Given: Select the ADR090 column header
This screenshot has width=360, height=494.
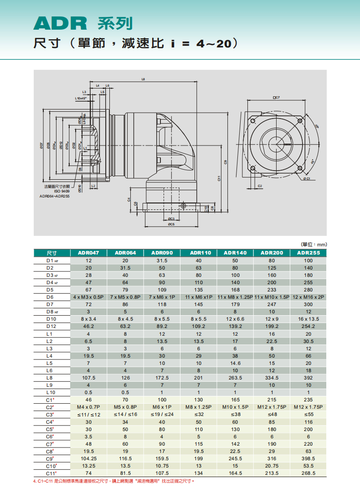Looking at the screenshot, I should pos(162,253).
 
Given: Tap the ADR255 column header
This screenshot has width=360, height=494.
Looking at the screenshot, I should pos(308,253).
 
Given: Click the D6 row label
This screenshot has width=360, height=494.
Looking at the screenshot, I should pos(50,297).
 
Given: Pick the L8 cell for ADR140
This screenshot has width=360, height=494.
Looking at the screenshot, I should pos(235,378).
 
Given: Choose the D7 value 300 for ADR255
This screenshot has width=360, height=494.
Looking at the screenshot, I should pos(308,304).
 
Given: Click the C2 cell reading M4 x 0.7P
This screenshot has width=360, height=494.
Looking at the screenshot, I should pos(88,407).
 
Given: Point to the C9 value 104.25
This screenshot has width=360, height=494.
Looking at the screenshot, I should pos(88,458).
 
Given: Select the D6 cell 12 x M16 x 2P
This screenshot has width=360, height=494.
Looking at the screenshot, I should pos(308,297).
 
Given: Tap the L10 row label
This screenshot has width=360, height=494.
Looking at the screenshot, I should pos(50,392).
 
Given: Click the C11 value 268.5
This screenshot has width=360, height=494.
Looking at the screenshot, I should pos(308,473).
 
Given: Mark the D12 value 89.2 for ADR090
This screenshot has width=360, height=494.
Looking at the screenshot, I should pos(162,326).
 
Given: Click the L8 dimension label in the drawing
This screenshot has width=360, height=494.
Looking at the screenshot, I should pos(144,80).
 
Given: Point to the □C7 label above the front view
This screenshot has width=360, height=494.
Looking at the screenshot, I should pos(276,98).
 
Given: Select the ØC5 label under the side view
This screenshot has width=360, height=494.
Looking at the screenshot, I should pos(171,224).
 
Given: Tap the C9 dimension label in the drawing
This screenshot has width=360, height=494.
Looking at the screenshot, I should pos(226,161).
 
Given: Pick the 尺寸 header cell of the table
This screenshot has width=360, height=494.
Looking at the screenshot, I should pos(51,253).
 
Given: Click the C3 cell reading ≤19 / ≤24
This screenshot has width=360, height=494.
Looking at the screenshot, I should pos(162,414).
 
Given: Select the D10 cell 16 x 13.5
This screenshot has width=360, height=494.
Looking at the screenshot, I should pos(308,319).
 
